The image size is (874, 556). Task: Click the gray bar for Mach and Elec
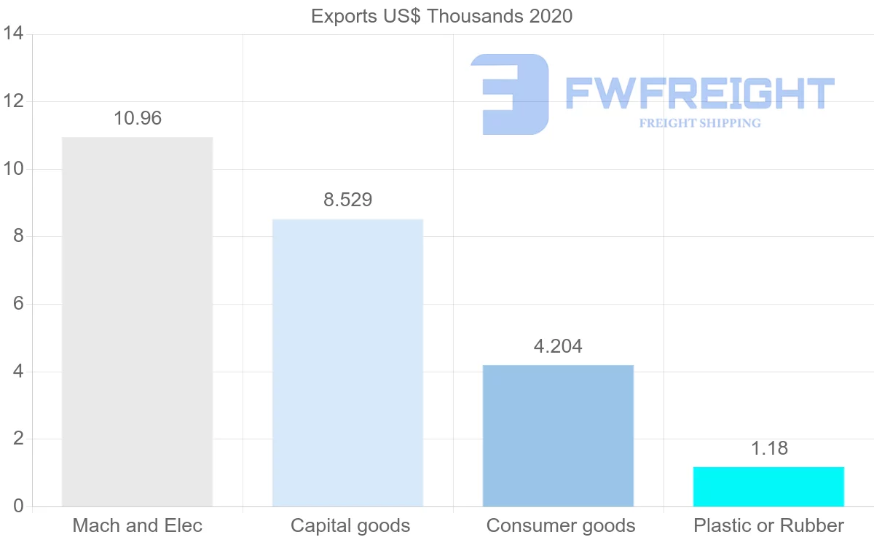(137, 321)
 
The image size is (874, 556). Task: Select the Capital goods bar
(347, 362)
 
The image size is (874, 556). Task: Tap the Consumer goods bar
(558, 435)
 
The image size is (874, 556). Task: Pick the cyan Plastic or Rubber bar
(768, 486)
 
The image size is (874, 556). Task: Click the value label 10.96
(138, 118)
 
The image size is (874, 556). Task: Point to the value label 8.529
(348, 200)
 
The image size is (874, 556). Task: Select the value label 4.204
(558, 346)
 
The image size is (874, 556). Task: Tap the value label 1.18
(769, 448)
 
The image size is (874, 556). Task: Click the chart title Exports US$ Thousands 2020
(442, 16)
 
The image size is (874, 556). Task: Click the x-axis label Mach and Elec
(138, 525)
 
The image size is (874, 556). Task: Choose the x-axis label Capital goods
(350, 525)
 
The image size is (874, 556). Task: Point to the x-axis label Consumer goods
(561, 525)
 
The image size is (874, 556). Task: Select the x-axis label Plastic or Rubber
(769, 525)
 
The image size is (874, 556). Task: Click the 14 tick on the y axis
(14, 34)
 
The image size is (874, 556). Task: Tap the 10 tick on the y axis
(14, 169)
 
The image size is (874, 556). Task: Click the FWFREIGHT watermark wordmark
(700, 94)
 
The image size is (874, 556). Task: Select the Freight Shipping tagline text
(700, 123)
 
